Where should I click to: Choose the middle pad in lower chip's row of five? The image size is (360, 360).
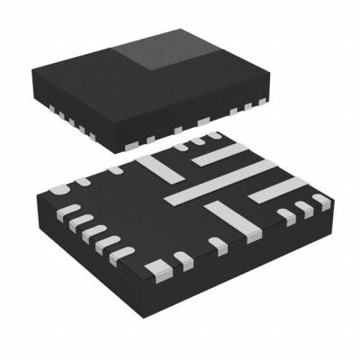pos(90,231)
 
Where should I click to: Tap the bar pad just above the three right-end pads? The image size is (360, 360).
pos(275,190)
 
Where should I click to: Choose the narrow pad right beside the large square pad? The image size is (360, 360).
pos(183,260)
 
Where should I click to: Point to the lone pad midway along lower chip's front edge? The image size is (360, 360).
pos(216,243)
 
